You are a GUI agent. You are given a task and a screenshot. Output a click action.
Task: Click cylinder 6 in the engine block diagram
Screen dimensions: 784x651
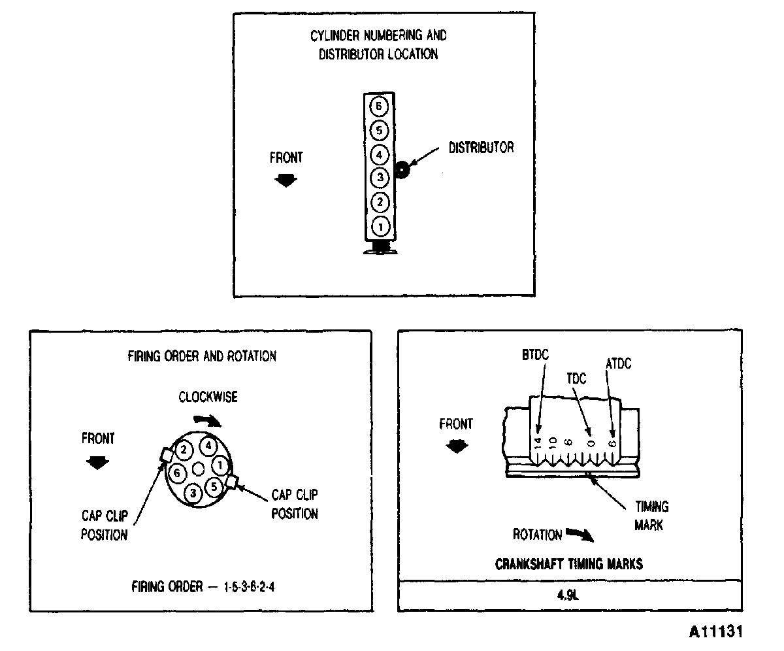[x=380, y=106]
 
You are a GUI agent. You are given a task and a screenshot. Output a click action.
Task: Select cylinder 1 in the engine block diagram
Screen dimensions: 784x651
[x=380, y=226]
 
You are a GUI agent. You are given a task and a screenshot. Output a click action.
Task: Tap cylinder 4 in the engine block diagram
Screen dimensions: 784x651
[x=380, y=155]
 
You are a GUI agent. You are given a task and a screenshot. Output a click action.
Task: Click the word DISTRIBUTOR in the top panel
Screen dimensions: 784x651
[x=481, y=148]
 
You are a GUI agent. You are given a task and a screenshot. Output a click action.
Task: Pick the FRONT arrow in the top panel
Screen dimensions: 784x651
[x=286, y=180]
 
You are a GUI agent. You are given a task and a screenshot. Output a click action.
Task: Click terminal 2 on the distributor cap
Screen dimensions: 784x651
[x=184, y=450]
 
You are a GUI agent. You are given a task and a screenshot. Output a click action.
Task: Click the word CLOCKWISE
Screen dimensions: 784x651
[x=208, y=397]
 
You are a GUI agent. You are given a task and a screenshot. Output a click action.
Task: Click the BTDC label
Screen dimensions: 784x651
[x=536, y=355]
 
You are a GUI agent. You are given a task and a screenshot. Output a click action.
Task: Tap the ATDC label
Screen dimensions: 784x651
[x=617, y=363]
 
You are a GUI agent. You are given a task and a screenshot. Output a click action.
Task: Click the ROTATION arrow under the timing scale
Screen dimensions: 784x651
[x=579, y=535]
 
